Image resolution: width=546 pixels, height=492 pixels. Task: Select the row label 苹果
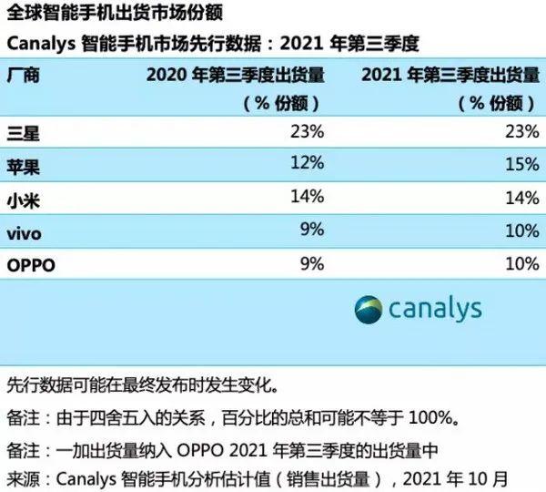(24, 167)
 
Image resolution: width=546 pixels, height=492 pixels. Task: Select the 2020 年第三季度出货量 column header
(235, 74)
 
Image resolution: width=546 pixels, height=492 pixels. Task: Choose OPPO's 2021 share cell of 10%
(521, 265)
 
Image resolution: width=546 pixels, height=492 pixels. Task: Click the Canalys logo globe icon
(369, 308)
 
